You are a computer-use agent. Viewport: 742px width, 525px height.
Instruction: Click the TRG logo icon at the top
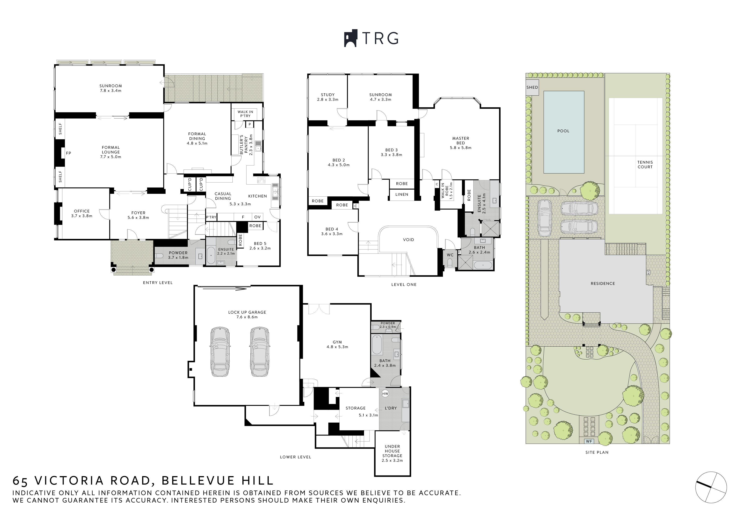click(350, 39)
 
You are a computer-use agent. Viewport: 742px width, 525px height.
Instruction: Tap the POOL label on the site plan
click(563, 131)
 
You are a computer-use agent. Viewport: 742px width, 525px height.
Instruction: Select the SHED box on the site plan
click(532, 87)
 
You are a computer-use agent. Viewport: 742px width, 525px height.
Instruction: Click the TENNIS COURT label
click(645, 165)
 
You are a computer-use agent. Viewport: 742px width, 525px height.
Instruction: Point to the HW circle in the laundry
click(385, 394)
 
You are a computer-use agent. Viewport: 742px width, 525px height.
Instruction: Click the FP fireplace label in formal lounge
click(69, 153)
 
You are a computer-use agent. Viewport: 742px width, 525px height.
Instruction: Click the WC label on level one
click(450, 255)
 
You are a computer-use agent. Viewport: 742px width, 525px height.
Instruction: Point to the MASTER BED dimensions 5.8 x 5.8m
click(460, 148)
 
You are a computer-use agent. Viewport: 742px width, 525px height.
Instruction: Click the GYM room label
click(337, 342)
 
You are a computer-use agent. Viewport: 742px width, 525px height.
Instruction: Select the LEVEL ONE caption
click(404, 284)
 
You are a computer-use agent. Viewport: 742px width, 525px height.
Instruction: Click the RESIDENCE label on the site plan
click(603, 284)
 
